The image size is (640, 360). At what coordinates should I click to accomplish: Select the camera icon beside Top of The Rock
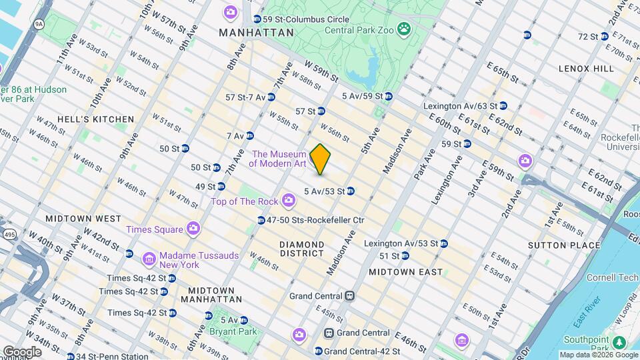[289, 200]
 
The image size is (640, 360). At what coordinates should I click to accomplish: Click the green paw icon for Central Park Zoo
[403, 29]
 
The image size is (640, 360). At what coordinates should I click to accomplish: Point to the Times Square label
[155, 229]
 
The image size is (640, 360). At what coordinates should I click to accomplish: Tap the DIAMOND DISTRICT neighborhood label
[301, 249]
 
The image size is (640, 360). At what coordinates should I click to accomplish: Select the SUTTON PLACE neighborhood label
[575, 245]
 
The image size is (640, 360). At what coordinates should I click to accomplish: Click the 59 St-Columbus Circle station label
[297, 19]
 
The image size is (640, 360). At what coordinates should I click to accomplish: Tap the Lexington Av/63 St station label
[461, 105]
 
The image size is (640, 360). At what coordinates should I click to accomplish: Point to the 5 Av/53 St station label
[324, 191]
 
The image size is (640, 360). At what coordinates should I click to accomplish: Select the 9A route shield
[39, 24]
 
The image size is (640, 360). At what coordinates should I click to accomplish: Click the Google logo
[22, 351]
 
